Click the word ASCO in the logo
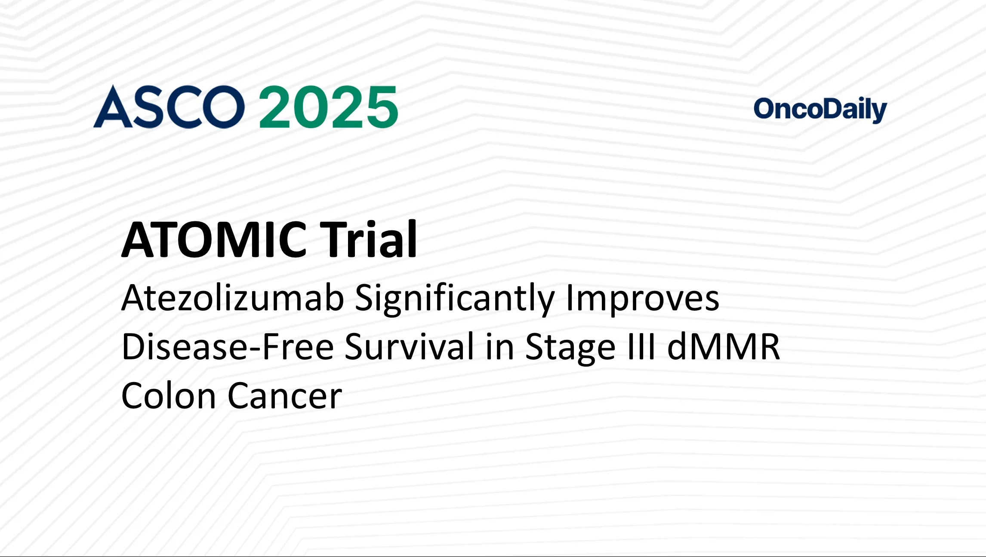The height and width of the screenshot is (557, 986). coord(169,107)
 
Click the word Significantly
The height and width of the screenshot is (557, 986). coord(455,299)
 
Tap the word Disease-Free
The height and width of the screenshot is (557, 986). coord(228,347)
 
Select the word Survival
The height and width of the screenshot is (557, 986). coord(409,347)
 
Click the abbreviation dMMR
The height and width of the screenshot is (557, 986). coord(724,347)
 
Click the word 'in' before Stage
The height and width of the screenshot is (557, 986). coord(499,347)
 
